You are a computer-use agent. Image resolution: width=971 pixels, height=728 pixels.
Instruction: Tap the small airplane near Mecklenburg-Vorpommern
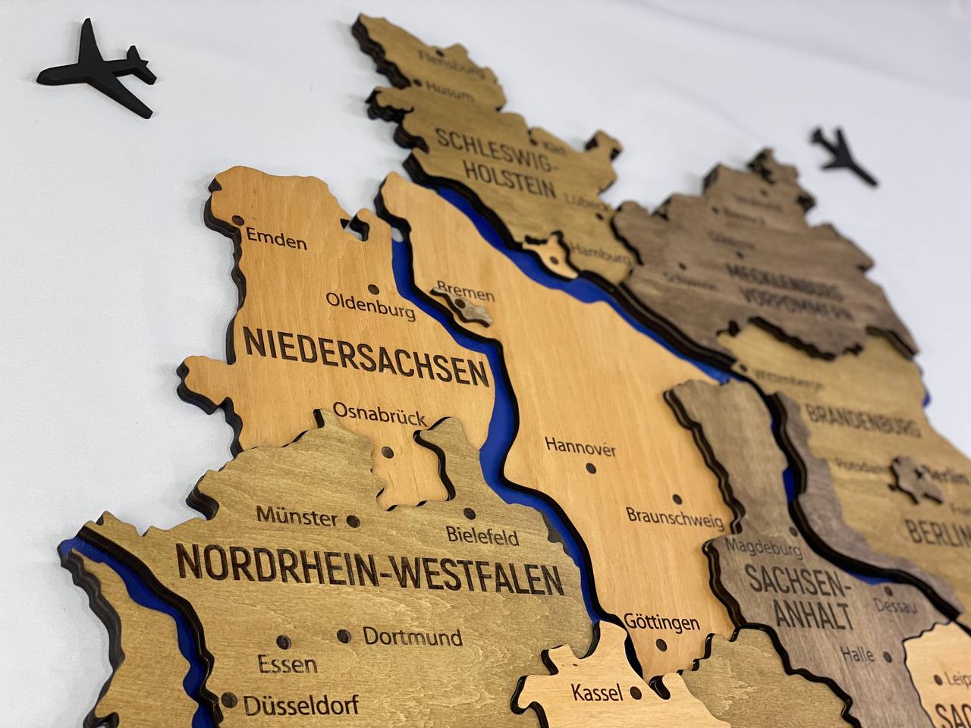844,156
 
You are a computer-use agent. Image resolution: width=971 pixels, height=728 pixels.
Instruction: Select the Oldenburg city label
370,305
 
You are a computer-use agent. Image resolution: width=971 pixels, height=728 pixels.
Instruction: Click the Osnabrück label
379,414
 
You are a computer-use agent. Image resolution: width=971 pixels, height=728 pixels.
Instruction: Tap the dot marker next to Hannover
591,468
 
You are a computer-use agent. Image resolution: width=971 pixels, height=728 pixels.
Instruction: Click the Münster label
297,517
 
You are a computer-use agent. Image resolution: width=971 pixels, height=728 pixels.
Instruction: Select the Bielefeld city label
482,536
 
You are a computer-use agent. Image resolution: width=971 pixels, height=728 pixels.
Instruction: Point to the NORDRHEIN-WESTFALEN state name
369,570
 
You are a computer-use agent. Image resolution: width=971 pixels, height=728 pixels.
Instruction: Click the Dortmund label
413,636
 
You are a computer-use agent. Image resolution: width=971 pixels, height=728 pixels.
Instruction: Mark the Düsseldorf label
301,705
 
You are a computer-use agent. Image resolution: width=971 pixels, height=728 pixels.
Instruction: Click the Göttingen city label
661,623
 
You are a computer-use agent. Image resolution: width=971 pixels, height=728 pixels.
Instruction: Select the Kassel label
598,692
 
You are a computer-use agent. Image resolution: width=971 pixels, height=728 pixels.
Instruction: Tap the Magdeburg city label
763,547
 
